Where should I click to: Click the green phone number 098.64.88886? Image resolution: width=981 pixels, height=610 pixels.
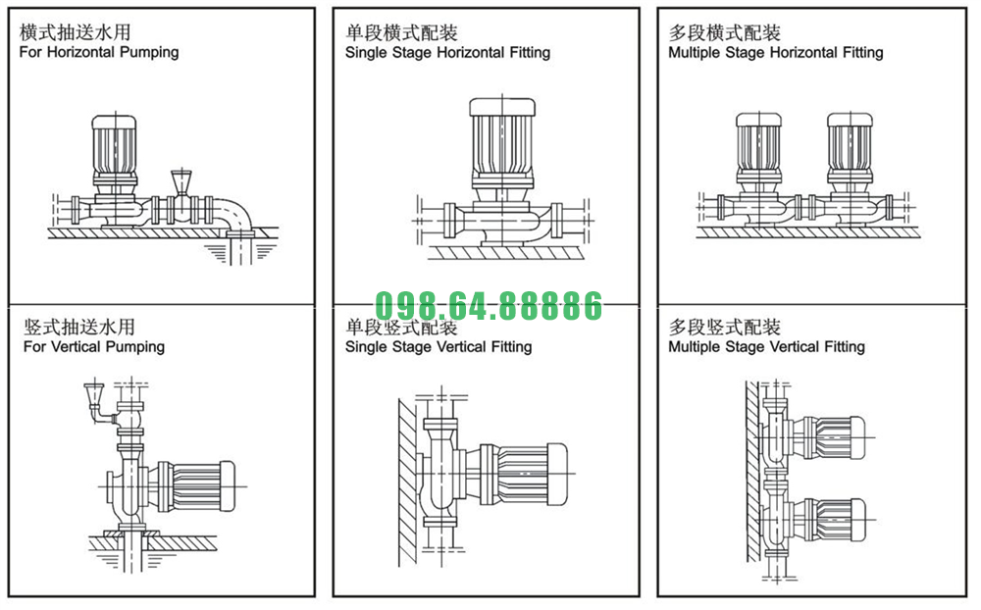coord(488,307)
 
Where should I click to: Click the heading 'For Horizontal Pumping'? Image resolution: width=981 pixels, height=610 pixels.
coord(99,52)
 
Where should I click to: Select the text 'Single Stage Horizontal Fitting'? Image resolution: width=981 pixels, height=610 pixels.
coord(447,52)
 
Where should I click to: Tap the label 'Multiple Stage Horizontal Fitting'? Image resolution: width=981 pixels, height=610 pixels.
coord(775,52)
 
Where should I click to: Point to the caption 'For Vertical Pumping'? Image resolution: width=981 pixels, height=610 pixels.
coord(94,346)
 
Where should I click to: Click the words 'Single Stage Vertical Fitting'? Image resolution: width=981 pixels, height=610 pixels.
coord(439,346)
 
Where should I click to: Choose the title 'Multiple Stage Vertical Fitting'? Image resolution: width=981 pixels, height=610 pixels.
coord(766,346)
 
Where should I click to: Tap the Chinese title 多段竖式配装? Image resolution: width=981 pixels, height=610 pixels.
coord(724,327)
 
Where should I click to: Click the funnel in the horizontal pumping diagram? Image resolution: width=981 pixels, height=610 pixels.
coord(181,181)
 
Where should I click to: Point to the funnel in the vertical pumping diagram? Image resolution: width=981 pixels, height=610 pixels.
coord(95,397)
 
